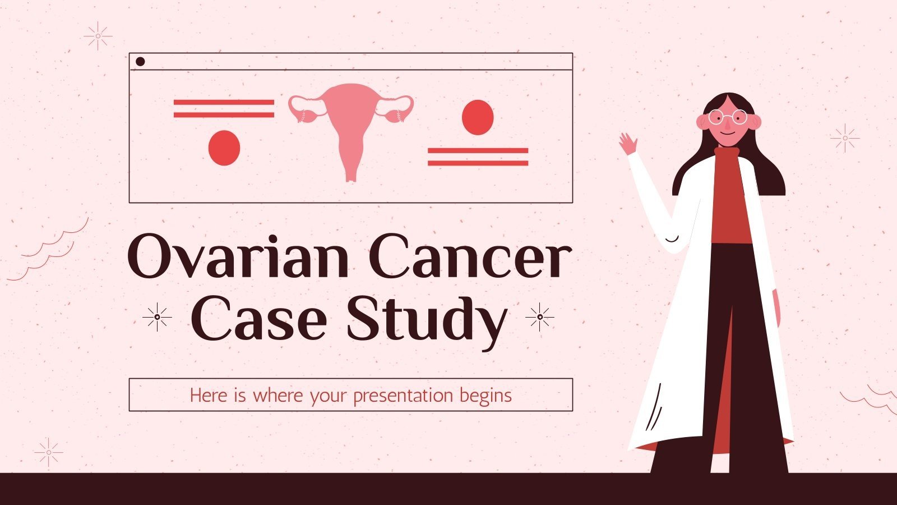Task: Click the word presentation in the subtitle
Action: pyautogui.click(x=403, y=396)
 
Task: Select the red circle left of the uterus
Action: pyautogui.click(x=224, y=148)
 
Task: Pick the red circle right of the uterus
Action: pyautogui.click(x=478, y=117)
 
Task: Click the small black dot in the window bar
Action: pyautogui.click(x=140, y=62)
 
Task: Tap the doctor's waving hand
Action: pyautogui.click(x=628, y=144)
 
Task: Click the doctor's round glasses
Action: pyautogui.click(x=727, y=117)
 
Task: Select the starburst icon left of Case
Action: pyautogui.click(x=157, y=317)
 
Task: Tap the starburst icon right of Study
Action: pyautogui.click(x=539, y=317)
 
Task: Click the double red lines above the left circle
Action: pyautogui.click(x=224, y=108)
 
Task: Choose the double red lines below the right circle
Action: pyautogui.click(x=478, y=157)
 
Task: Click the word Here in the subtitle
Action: pyautogui.click(x=209, y=396)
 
